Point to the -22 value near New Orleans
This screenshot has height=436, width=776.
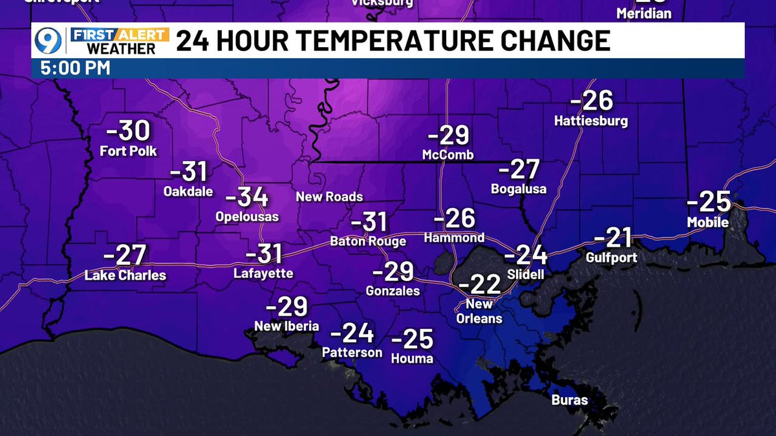click(479, 284)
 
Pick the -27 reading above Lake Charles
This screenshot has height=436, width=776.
click(125, 254)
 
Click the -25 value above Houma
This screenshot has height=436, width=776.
click(412, 338)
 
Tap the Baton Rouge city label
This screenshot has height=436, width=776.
click(368, 242)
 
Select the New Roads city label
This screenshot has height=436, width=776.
click(329, 196)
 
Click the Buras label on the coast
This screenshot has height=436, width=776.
click(570, 400)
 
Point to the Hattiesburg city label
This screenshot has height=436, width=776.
click(591, 121)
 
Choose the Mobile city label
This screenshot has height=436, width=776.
click(708, 223)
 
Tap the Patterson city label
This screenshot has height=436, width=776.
click(352, 353)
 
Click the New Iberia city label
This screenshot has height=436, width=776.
click(286, 326)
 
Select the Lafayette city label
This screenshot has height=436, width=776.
click(263, 274)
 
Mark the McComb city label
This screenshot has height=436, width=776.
click(447, 155)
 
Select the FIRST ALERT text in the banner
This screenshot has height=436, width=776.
click(118, 34)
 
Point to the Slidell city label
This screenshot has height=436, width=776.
click(526, 275)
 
